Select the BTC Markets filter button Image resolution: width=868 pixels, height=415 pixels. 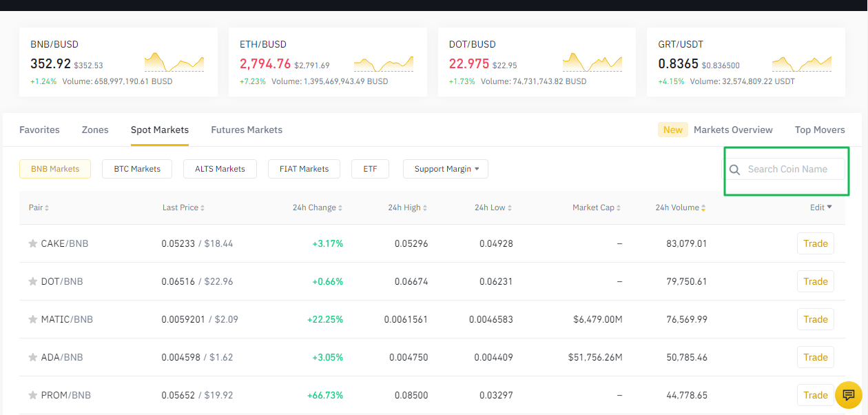point(137,169)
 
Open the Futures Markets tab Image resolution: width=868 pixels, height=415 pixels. point(247,130)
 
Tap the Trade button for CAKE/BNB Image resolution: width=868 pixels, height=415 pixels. point(815,243)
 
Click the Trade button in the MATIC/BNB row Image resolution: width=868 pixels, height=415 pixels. point(815,319)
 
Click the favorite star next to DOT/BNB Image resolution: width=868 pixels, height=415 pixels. point(32,281)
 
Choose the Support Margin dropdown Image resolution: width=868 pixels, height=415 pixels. point(446,169)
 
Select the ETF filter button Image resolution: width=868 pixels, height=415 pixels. point(370,169)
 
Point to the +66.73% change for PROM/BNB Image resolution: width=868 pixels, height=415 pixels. point(325,395)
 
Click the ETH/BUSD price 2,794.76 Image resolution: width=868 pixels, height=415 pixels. point(265,64)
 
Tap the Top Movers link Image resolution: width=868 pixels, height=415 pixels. point(819,130)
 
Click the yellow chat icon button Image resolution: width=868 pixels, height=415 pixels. point(848,395)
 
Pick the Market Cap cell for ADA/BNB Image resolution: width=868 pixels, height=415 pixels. point(595,357)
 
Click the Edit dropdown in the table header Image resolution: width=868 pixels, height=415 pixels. point(820,207)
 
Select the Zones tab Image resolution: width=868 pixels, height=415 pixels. point(95,130)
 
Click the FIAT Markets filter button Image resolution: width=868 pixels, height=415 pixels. point(304,169)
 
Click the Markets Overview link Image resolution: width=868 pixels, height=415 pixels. point(733,130)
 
